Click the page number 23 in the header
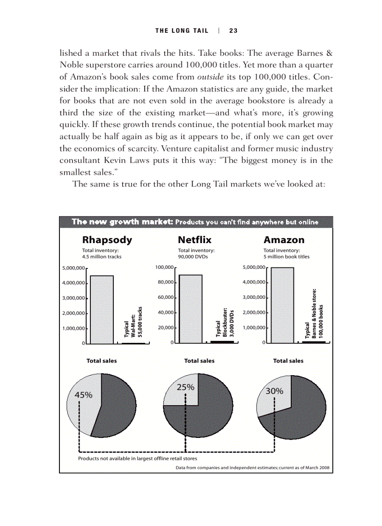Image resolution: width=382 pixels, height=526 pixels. tap(233, 31)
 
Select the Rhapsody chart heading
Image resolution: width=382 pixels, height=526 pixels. tap(107, 240)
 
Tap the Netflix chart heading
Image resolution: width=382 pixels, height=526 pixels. tap(195, 240)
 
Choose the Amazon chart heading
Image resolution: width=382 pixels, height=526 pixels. tap(284, 240)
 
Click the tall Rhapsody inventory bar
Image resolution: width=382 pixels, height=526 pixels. tap(102, 309)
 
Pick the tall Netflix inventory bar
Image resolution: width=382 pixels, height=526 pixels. tap(191, 309)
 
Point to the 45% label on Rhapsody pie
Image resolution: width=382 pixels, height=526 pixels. tap(84, 395)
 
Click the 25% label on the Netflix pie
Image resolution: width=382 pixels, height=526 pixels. tap(185, 387)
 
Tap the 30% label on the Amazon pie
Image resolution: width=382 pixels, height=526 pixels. tap(275, 391)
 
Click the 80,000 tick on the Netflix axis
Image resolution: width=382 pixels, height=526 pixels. tap(166, 282)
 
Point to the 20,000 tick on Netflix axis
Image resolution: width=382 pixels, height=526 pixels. tap(166, 328)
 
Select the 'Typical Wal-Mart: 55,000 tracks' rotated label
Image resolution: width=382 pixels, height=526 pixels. tap(133, 322)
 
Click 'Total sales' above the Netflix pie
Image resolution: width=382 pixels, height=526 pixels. tap(199, 361)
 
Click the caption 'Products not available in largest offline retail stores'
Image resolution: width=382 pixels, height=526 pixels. tap(137, 459)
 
